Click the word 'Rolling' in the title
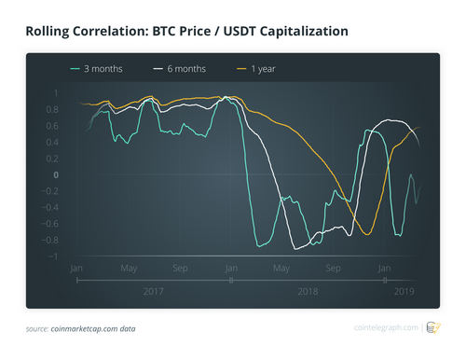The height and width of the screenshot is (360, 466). (x=54, y=32)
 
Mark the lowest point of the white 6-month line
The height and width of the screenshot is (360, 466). (x=297, y=249)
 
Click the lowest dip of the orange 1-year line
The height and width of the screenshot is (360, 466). (x=366, y=233)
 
